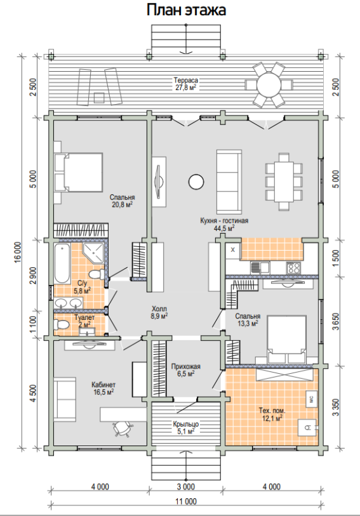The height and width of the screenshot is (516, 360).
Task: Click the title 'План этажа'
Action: click(x=186, y=10)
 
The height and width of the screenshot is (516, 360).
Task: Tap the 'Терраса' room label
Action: click(x=186, y=81)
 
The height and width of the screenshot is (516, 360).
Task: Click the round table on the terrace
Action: click(x=269, y=85)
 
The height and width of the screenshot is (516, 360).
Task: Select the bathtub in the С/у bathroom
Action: click(x=62, y=263)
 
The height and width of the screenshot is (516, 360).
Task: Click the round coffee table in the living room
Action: click(x=196, y=182)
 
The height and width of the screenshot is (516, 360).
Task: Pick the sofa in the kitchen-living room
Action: click(x=229, y=182)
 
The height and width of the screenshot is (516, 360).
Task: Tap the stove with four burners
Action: click(x=293, y=268)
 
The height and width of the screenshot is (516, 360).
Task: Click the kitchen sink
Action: click(x=260, y=267)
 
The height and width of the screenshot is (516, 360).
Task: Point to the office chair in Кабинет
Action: click(x=123, y=428)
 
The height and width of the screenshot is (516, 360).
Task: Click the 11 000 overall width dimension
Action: click(x=186, y=501)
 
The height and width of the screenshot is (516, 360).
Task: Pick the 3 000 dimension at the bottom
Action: click(x=186, y=486)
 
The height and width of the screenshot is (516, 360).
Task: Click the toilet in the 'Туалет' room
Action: click(x=62, y=325)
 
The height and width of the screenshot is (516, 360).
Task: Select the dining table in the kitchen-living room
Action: click(x=284, y=182)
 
